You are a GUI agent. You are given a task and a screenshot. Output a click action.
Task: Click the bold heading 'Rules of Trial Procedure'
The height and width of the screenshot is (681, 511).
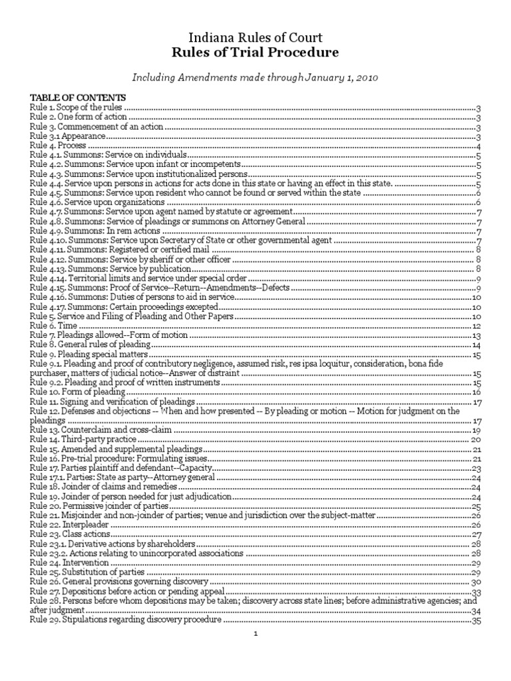pyautogui.click(x=255, y=53)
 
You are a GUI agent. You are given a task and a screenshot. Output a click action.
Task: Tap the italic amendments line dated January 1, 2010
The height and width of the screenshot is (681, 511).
pyautogui.click(x=255, y=78)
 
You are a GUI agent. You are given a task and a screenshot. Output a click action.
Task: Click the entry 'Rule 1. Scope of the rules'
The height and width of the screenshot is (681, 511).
pyautogui.click(x=77, y=107)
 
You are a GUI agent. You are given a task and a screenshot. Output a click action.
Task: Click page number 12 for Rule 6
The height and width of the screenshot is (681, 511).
pyautogui.click(x=476, y=326)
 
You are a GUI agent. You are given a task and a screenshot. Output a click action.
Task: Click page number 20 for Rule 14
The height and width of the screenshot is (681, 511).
pyautogui.click(x=476, y=440)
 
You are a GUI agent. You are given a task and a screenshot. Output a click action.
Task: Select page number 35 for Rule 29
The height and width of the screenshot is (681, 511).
pyautogui.click(x=476, y=620)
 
